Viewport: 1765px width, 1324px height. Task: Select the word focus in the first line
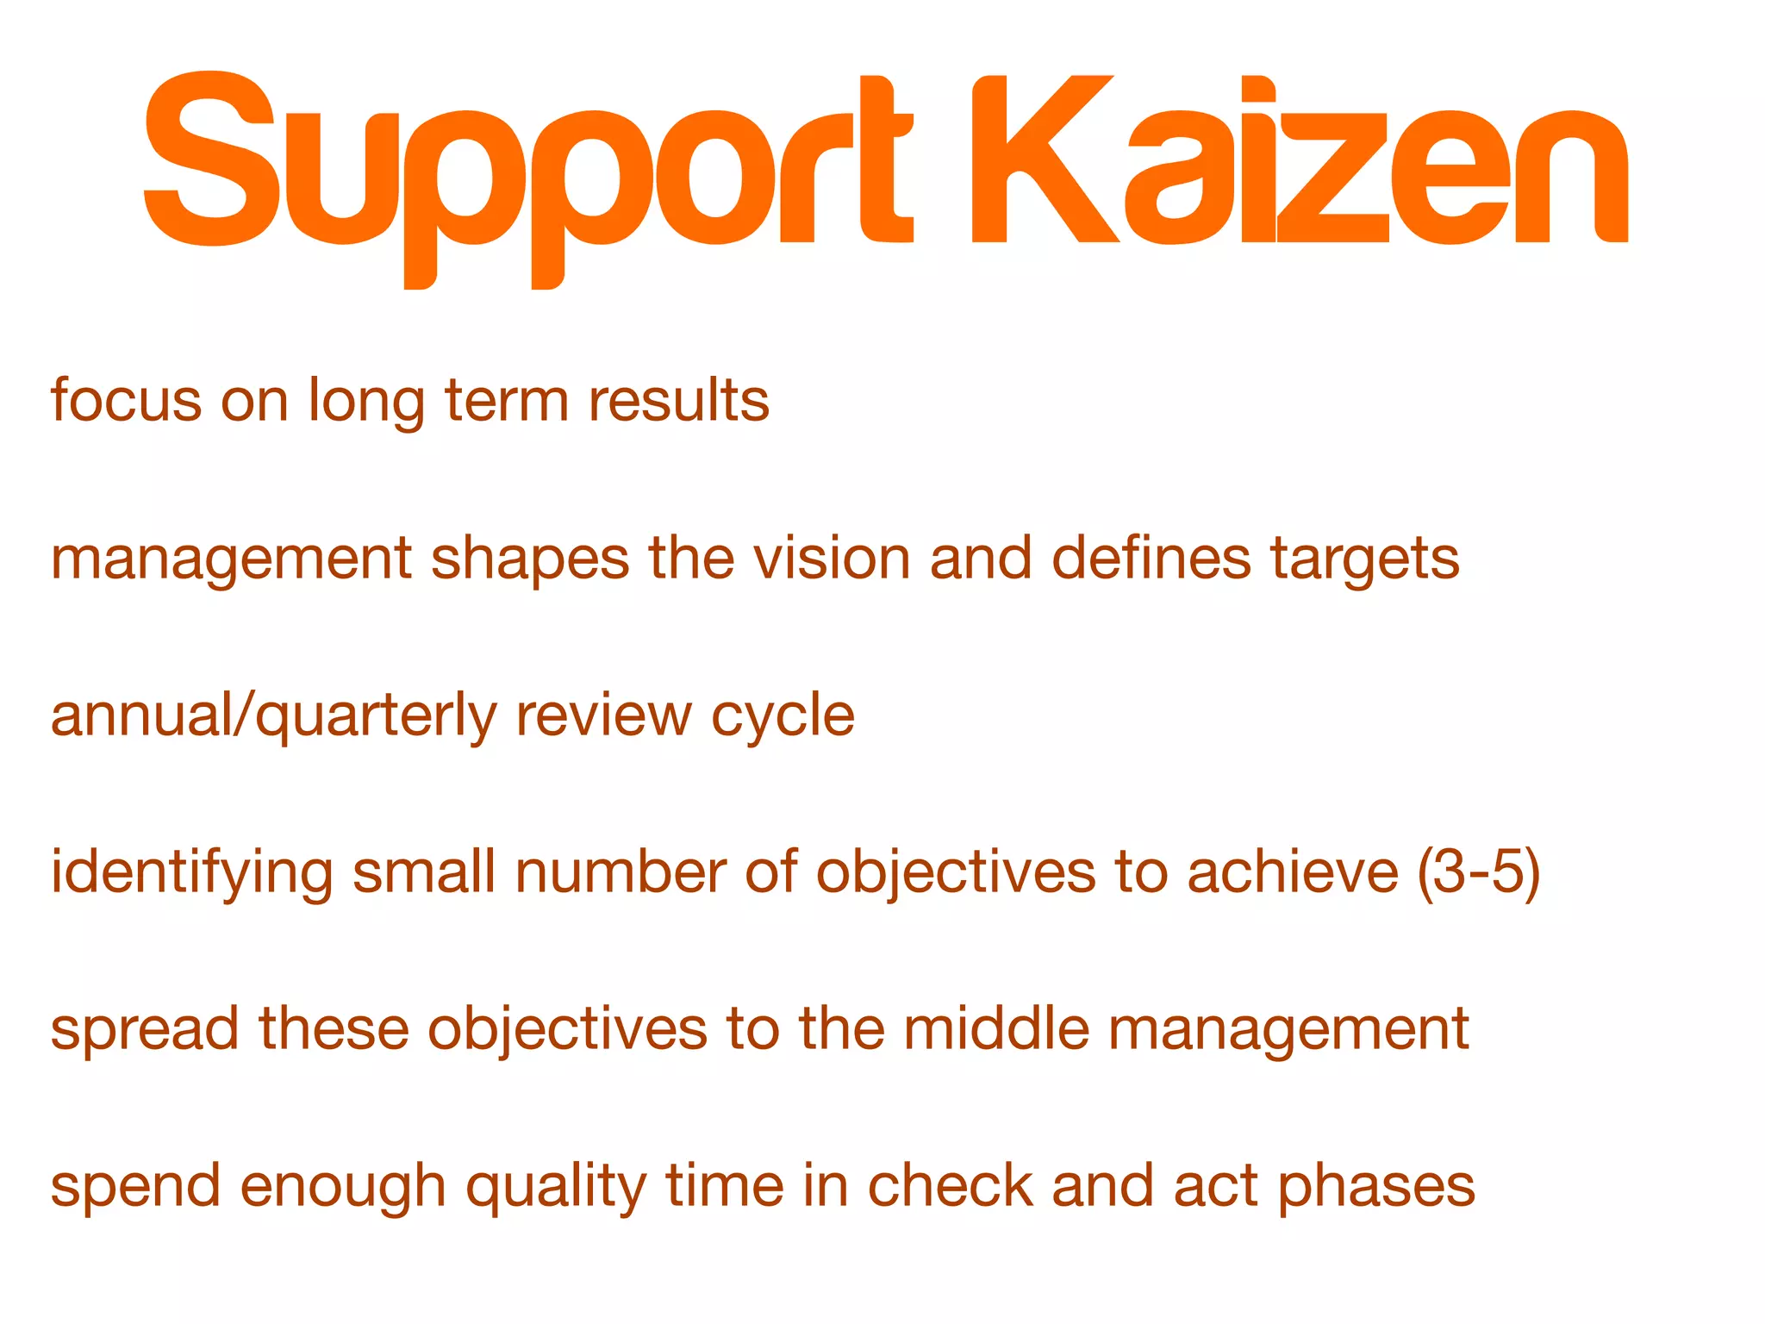pos(126,401)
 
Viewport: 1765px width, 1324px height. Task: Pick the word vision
pos(832,558)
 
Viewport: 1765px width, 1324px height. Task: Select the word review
pos(603,715)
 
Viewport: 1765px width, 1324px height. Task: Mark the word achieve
pos(1293,871)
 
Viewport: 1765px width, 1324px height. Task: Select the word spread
pos(145,1030)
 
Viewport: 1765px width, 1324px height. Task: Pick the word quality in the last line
pos(556,1188)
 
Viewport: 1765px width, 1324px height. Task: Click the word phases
pos(1376,1188)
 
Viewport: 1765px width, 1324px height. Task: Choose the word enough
pos(343,1188)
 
